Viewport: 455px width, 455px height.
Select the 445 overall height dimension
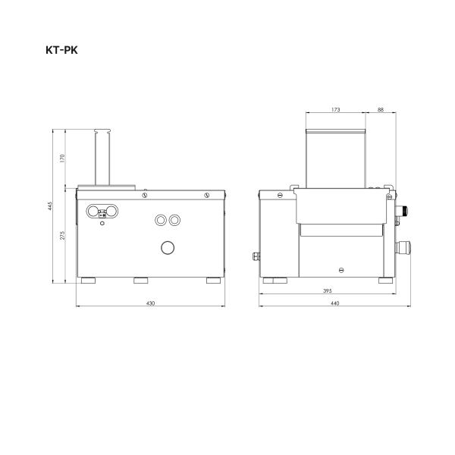point(51,208)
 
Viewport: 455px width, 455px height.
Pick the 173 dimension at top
point(335,110)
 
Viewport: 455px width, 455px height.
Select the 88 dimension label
point(380,110)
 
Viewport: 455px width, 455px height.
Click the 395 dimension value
point(327,291)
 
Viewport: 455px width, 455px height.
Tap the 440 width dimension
point(334,303)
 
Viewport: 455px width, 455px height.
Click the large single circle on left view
point(167,247)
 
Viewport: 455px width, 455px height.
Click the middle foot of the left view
point(141,281)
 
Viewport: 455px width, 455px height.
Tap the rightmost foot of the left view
point(213,281)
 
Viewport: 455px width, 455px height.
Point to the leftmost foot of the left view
point(89,281)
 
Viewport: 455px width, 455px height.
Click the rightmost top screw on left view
point(206,195)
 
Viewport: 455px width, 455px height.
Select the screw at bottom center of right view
point(342,269)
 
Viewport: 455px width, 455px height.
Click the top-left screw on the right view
point(280,195)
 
